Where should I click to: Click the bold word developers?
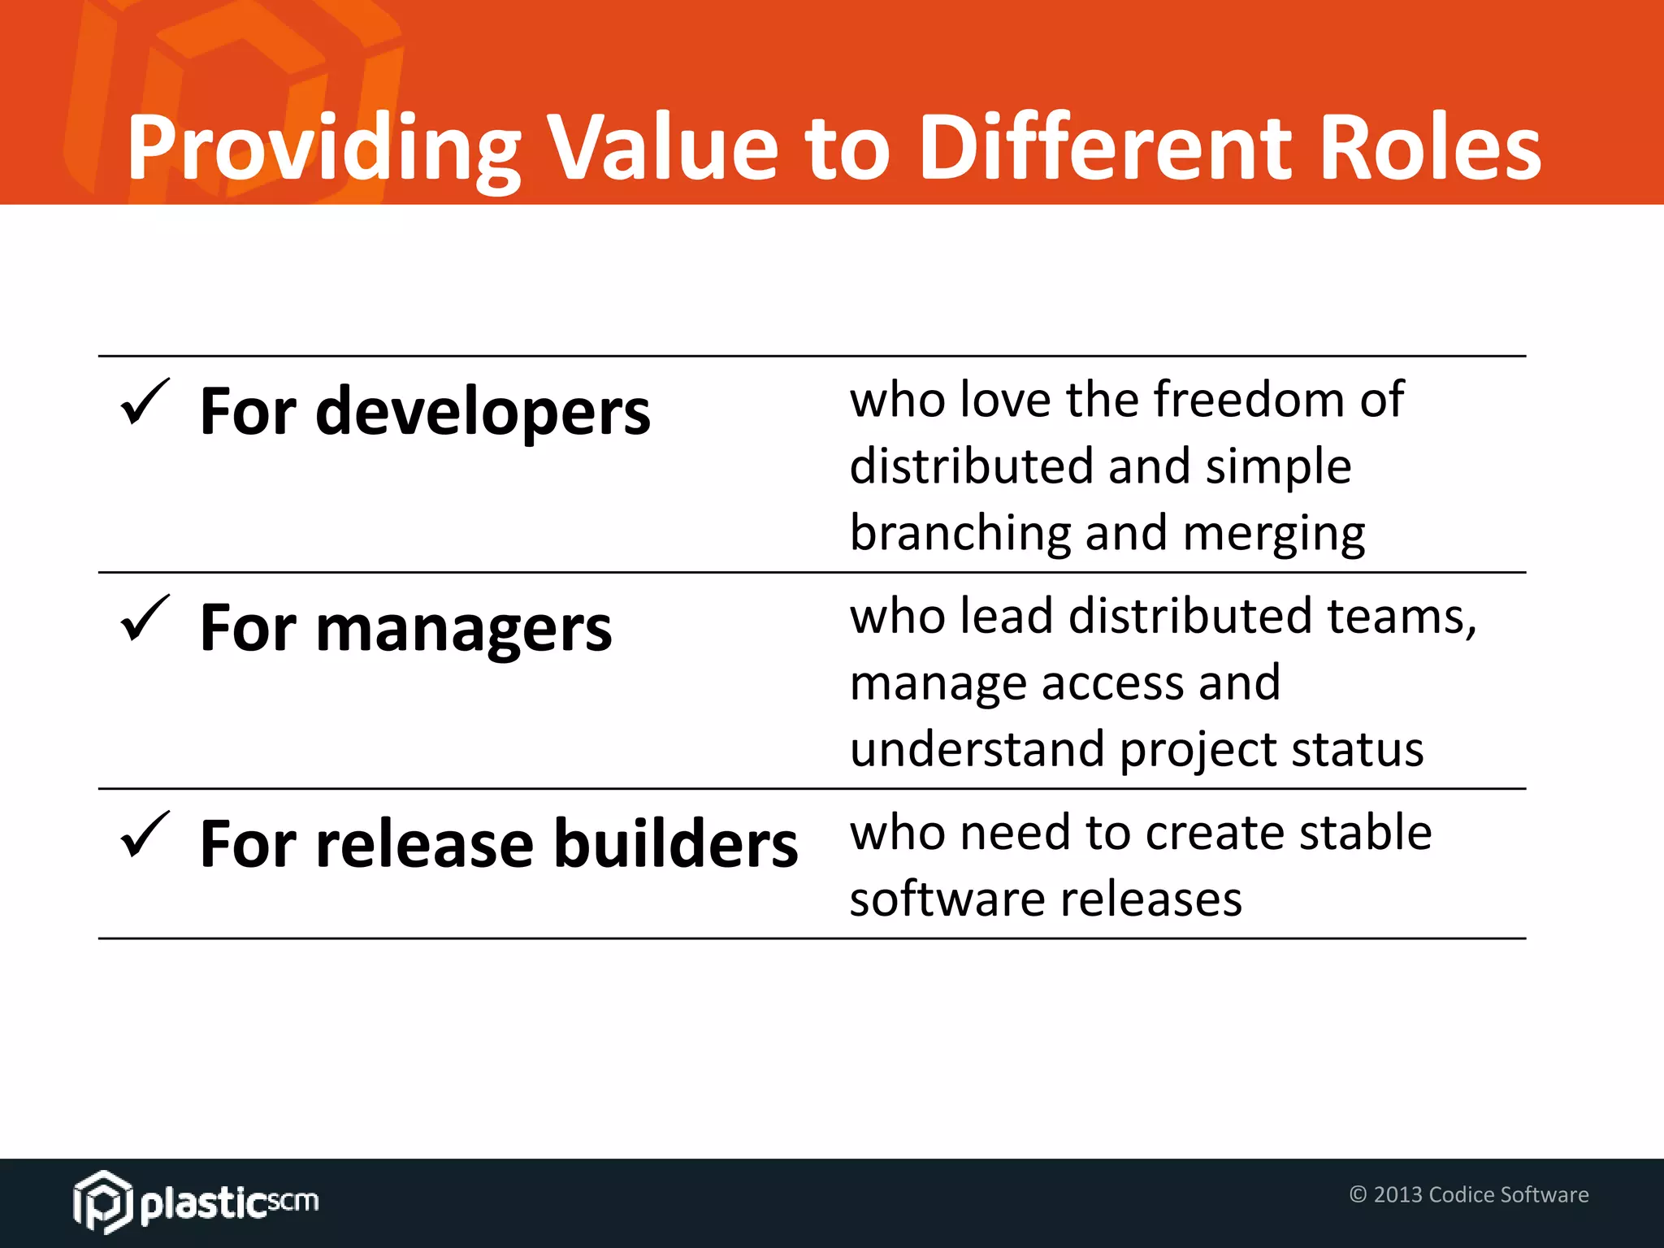point(483,413)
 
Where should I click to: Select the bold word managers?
point(463,629)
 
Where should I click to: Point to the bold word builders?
point(675,844)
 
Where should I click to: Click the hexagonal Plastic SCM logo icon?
point(102,1202)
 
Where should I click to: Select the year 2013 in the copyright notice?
point(1397,1194)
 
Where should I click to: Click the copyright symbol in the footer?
point(1358,1194)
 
